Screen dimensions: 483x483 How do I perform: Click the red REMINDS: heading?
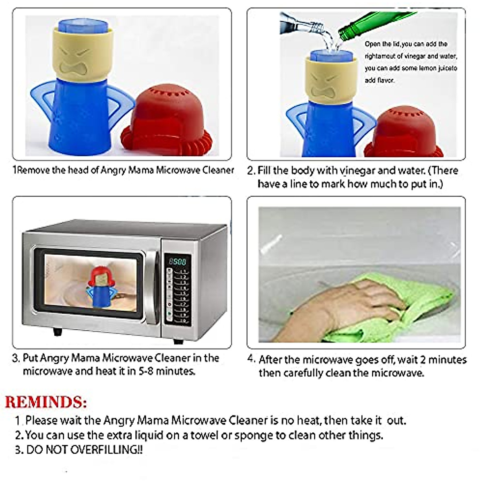[46, 402]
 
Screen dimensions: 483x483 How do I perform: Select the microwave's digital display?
[177, 262]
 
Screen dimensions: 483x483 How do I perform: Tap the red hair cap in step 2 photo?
[402, 133]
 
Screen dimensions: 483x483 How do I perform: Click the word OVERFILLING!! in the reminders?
[106, 450]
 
